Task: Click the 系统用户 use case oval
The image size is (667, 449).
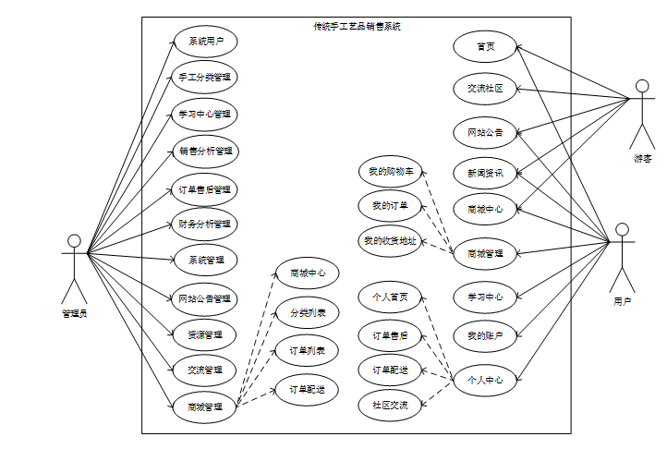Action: [x=205, y=41]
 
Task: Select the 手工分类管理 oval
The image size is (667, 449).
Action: [x=205, y=77]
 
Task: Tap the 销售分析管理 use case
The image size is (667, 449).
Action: [x=205, y=151]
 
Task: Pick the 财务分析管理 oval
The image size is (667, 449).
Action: [x=205, y=224]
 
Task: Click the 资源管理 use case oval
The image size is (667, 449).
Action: [x=205, y=334]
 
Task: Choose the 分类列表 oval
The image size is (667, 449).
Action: [x=307, y=313]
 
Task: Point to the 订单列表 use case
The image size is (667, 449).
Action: [x=307, y=351]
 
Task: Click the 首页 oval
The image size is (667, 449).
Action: [x=485, y=46]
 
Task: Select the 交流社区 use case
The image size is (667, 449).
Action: [x=485, y=89]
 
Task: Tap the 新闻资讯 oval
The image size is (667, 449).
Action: [x=485, y=172]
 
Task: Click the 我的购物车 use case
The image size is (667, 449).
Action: [x=390, y=171]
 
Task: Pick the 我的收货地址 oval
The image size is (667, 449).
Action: [x=390, y=241]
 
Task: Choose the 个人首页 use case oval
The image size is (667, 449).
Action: [x=390, y=297]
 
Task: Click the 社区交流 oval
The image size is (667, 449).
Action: [x=390, y=404]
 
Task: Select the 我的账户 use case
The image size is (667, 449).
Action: [x=485, y=335]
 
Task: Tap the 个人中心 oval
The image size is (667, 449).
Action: [x=485, y=379]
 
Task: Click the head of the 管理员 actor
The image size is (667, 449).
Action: [x=75, y=241]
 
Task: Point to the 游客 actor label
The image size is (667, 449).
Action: [x=642, y=159]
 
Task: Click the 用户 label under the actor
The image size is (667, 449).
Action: [x=623, y=301]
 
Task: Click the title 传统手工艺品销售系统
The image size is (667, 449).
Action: [x=358, y=26]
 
